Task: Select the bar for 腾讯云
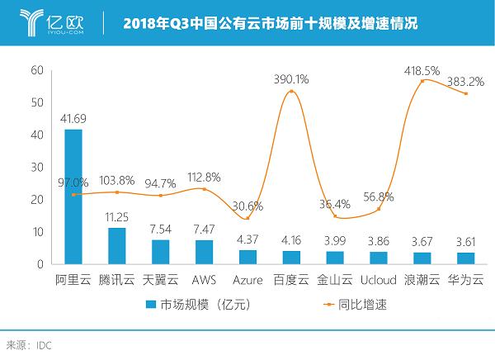coord(117,246)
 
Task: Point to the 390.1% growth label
coord(290,79)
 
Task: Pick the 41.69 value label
coord(73,121)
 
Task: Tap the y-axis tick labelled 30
coord(36,167)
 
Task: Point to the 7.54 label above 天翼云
coord(161,230)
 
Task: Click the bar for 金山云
coord(335,258)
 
